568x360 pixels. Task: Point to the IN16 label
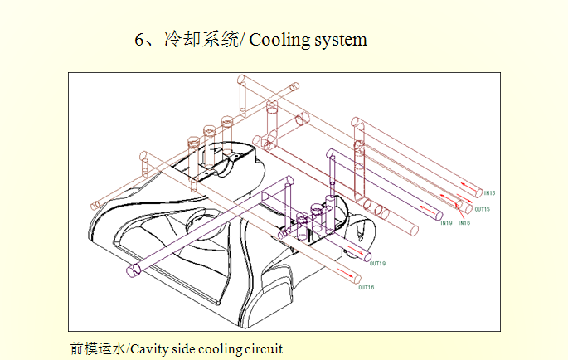[x=464, y=223]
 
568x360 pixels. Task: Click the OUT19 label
[x=377, y=264]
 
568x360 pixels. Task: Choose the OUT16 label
[x=366, y=288]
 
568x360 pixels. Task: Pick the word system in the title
[x=340, y=40]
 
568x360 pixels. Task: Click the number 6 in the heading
[x=139, y=40]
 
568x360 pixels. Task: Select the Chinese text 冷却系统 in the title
[x=199, y=40]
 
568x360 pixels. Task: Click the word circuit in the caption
[x=264, y=348]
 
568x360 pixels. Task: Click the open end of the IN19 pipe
[x=436, y=213]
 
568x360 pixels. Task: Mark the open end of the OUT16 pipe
[x=357, y=280]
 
